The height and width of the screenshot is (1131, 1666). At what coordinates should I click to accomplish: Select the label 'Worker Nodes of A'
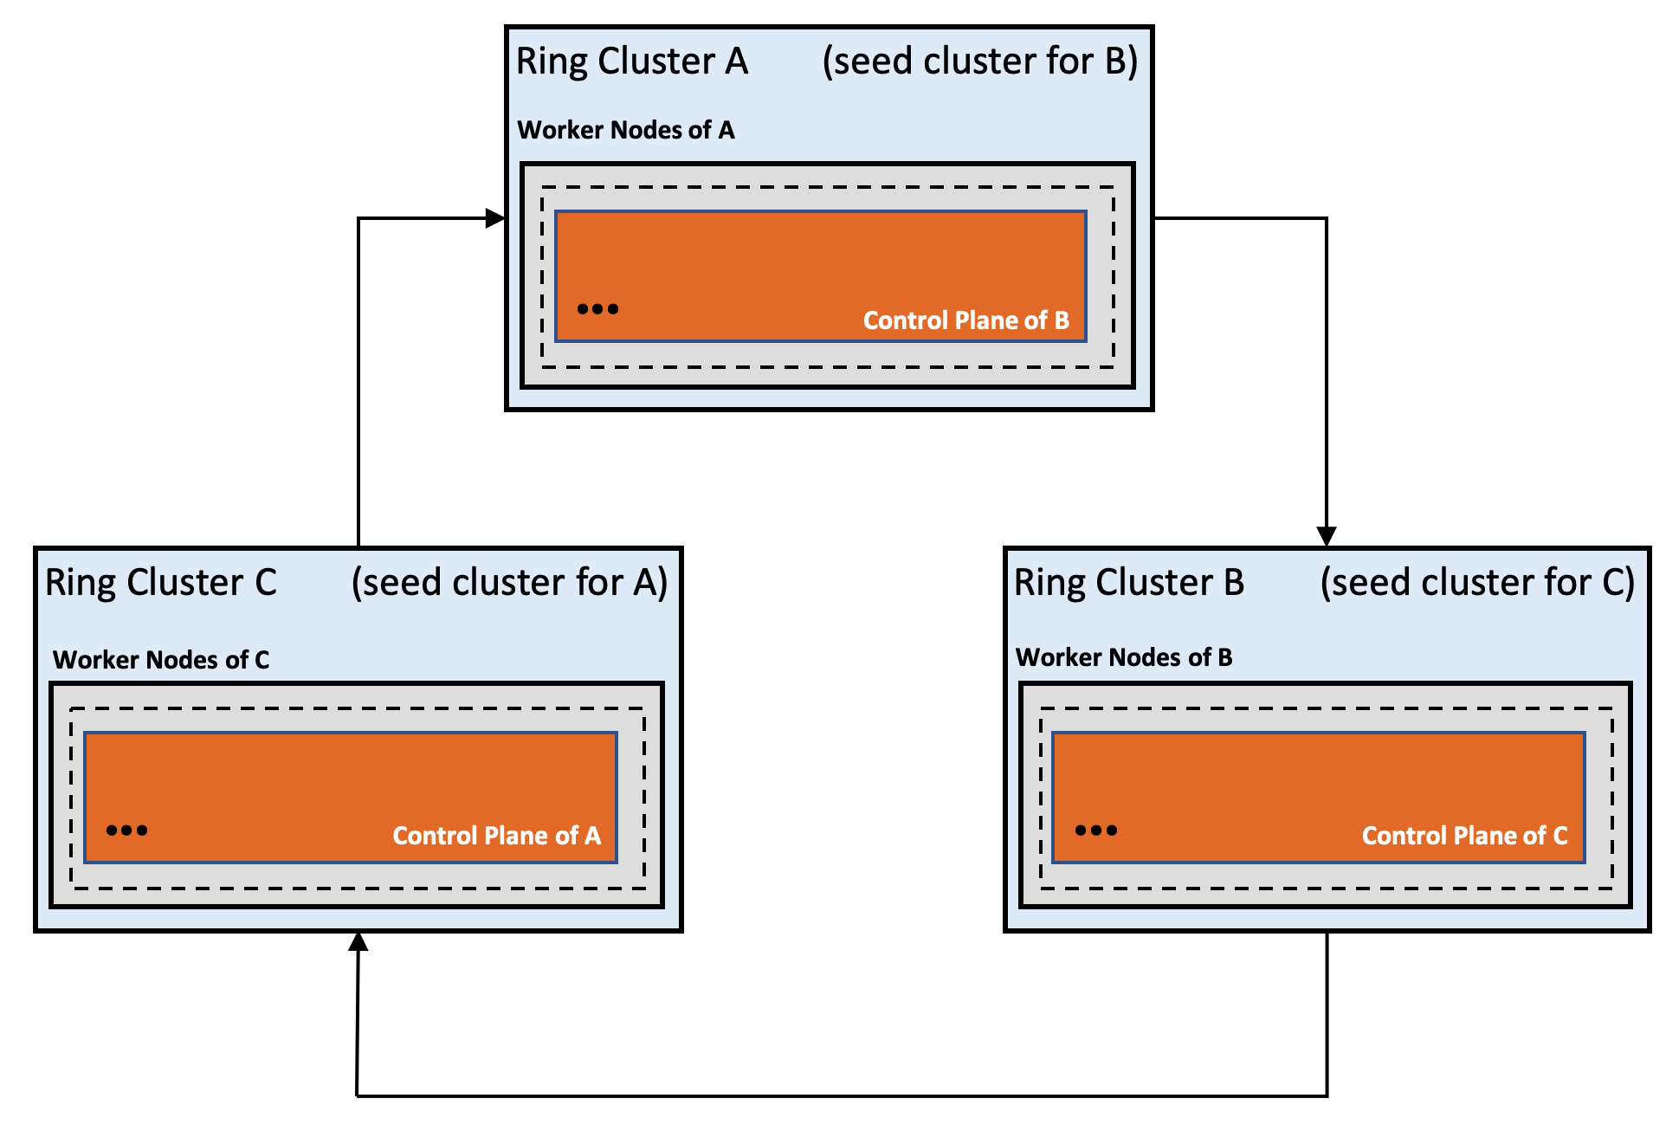tap(625, 130)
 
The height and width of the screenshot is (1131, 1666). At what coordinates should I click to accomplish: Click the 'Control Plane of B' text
tap(965, 320)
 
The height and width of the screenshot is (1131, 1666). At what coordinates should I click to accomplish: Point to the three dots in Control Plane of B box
tap(597, 309)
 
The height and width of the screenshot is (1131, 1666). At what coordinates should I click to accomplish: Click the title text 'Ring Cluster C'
tap(160, 583)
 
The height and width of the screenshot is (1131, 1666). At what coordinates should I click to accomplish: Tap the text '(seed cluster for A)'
tap(509, 583)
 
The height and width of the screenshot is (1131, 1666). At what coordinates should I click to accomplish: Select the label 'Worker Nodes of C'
tap(161, 660)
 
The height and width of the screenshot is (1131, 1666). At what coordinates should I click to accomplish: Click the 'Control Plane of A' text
tap(496, 836)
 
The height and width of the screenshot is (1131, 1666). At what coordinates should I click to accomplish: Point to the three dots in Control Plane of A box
tap(126, 830)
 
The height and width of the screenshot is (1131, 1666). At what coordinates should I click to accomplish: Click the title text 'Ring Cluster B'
tap(1128, 583)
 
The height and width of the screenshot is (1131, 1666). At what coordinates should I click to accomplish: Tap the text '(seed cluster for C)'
tap(1477, 583)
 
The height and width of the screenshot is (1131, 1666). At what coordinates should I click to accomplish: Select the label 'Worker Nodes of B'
tap(1123, 657)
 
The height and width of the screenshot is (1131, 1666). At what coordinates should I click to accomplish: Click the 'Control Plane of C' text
tap(1464, 836)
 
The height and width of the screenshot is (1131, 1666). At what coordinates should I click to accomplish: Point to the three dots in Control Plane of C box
tap(1095, 830)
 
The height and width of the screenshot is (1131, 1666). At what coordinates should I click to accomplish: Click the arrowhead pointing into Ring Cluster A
tap(495, 218)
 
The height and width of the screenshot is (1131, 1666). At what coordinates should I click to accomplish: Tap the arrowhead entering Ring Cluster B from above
tap(1326, 536)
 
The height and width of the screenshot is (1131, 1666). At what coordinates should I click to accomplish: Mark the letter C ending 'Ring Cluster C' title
tap(265, 583)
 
